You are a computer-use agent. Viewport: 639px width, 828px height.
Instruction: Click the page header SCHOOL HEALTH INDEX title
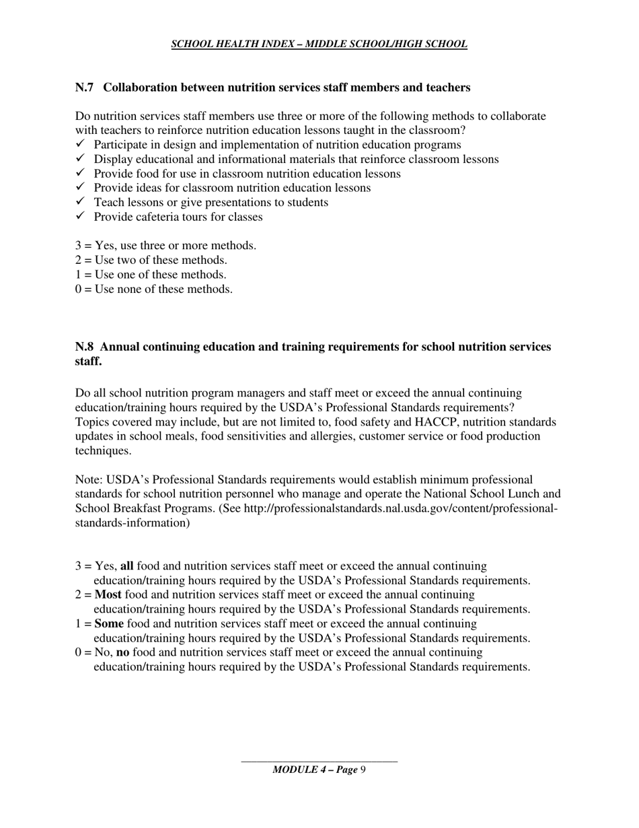coord(319,44)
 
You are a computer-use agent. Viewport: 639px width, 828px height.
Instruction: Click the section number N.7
coord(84,88)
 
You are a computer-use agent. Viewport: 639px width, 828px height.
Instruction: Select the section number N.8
coord(84,347)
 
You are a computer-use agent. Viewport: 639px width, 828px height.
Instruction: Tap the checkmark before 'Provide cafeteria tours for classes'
coord(80,216)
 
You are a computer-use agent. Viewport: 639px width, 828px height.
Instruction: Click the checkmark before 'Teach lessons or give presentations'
coord(80,202)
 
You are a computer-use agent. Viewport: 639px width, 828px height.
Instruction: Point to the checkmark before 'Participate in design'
coord(80,145)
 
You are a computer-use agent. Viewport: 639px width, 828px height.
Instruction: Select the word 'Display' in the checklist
coord(112,160)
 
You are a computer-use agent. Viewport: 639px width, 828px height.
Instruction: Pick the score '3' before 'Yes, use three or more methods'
coord(79,246)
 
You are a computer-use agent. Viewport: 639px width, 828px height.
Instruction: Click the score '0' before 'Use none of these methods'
coord(79,289)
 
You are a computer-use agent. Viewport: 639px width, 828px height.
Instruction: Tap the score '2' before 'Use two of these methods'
coord(79,260)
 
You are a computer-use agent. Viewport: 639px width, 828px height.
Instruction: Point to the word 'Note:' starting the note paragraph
coord(89,480)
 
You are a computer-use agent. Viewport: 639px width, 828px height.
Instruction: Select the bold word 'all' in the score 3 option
coord(126,566)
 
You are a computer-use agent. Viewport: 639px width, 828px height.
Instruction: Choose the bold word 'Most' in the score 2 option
coord(108,595)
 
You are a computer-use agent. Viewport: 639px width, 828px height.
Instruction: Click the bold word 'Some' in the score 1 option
coord(109,623)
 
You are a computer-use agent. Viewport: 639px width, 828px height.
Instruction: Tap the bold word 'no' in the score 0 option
coord(122,652)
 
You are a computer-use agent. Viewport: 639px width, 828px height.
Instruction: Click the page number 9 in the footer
coord(363,769)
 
